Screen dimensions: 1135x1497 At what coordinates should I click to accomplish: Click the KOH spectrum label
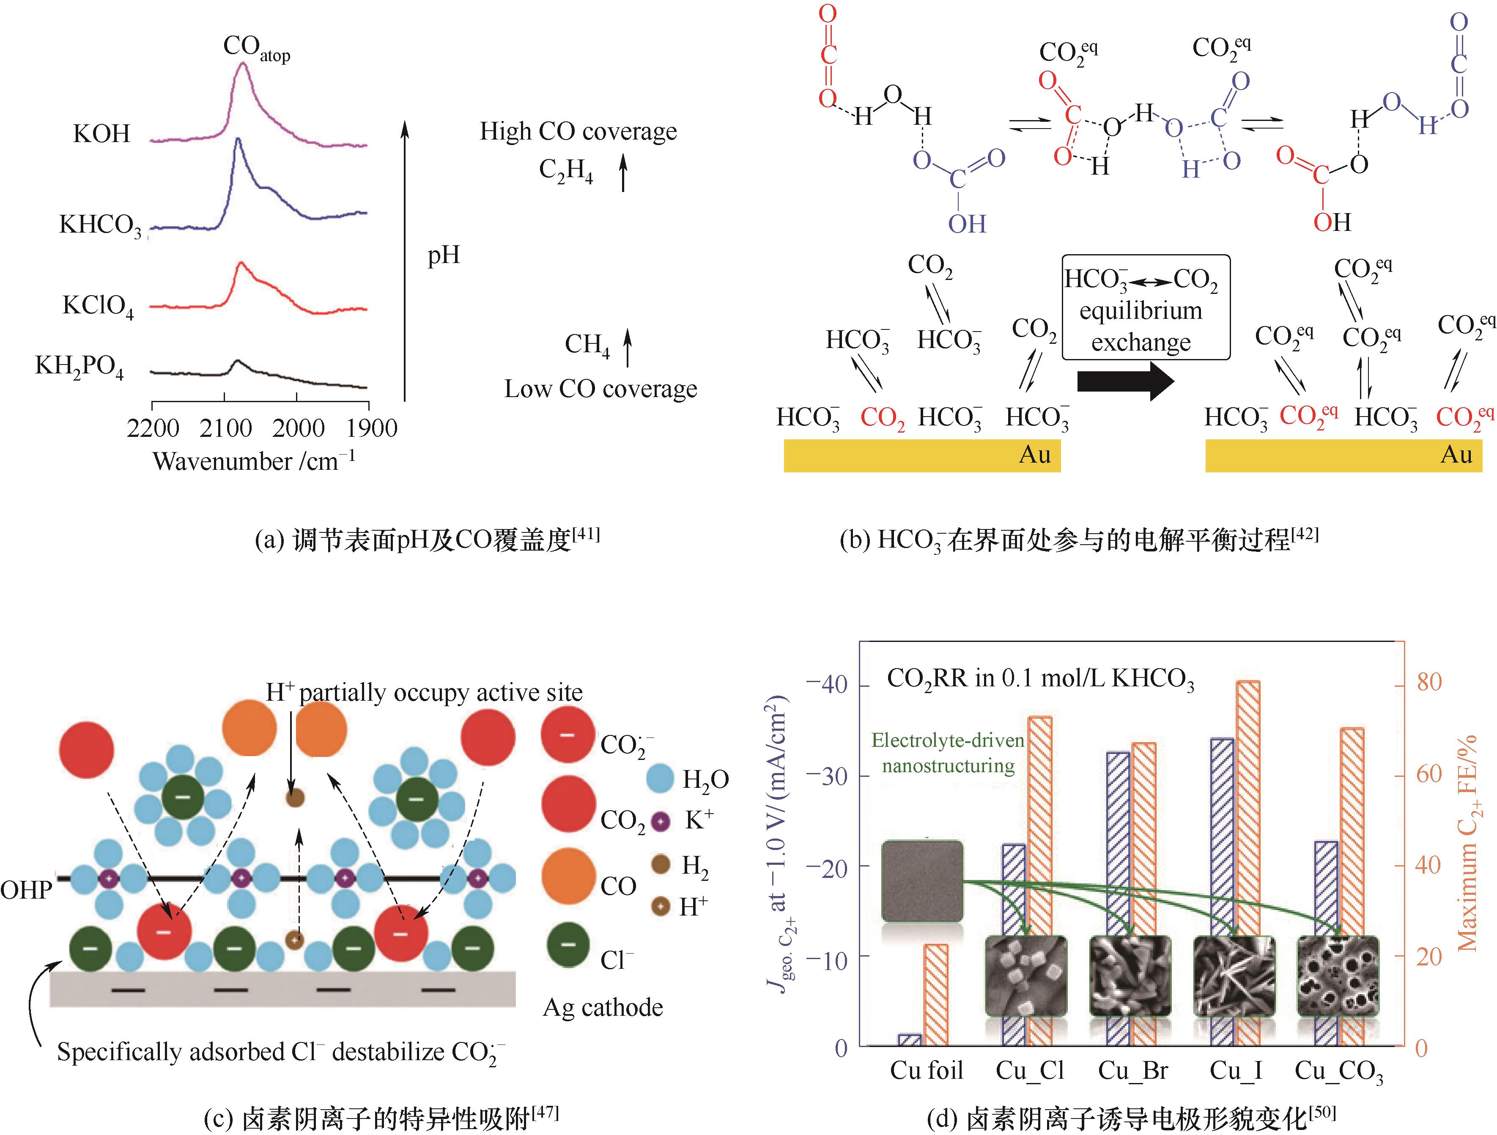tap(101, 133)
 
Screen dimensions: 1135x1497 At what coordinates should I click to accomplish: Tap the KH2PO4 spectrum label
tap(79, 367)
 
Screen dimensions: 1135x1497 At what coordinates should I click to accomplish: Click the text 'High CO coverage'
tap(578, 131)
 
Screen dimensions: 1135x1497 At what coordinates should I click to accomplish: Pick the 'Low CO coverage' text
tap(600, 389)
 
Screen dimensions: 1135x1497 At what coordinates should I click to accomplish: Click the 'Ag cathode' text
tap(602, 1007)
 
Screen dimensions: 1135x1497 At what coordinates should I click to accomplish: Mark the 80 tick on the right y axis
tap(1428, 682)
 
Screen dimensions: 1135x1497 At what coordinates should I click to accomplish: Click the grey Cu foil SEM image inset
tap(922, 880)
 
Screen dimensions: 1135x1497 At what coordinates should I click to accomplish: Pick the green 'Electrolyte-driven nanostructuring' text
tap(948, 753)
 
